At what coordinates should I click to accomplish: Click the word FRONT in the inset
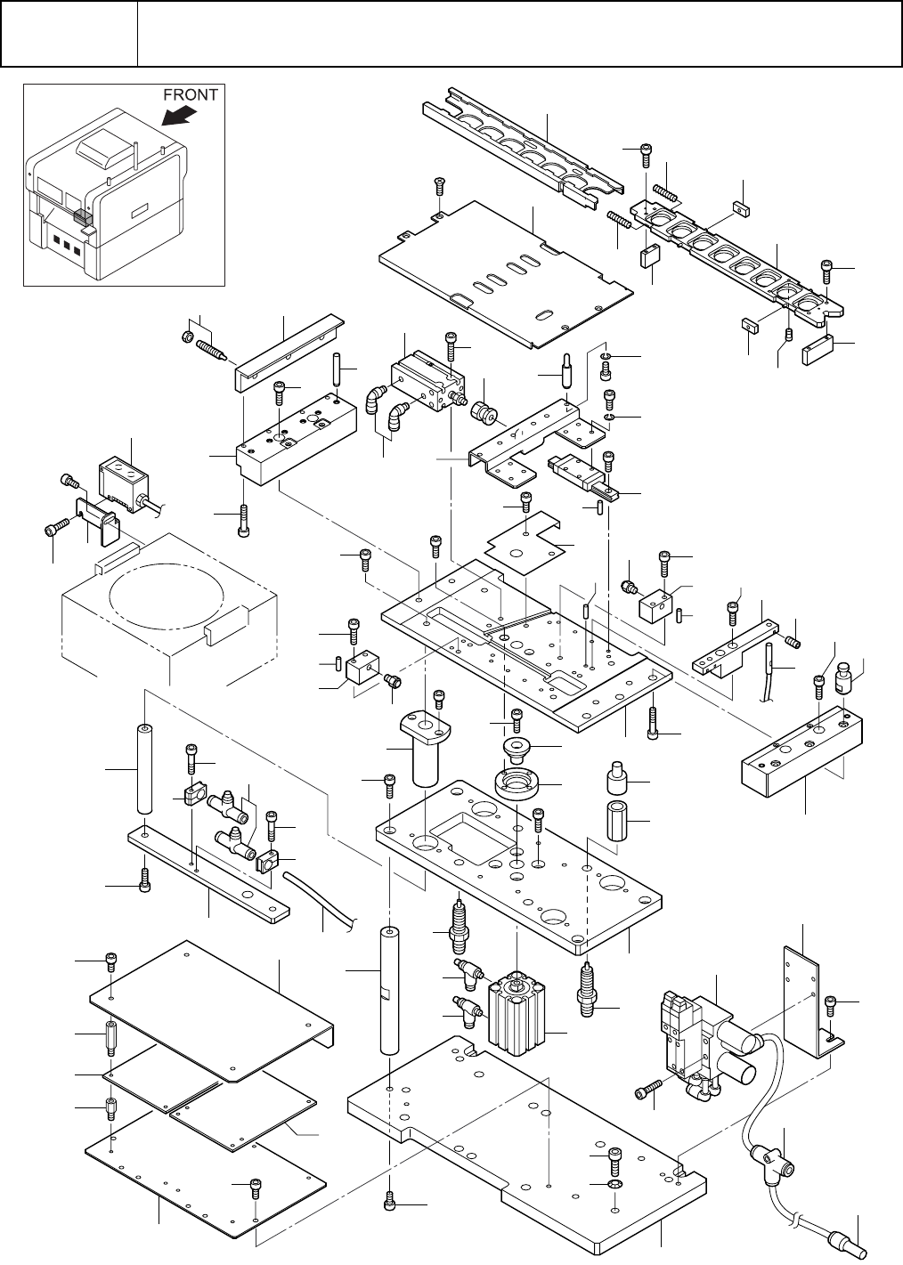point(190,95)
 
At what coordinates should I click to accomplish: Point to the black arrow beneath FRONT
point(179,117)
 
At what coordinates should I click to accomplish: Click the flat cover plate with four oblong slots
point(506,273)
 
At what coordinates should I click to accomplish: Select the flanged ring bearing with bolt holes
point(517,786)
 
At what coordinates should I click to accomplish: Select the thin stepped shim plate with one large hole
point(526,543)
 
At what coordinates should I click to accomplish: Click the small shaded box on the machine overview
point(83,217)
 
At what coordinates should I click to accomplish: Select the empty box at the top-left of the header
point(69,33)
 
